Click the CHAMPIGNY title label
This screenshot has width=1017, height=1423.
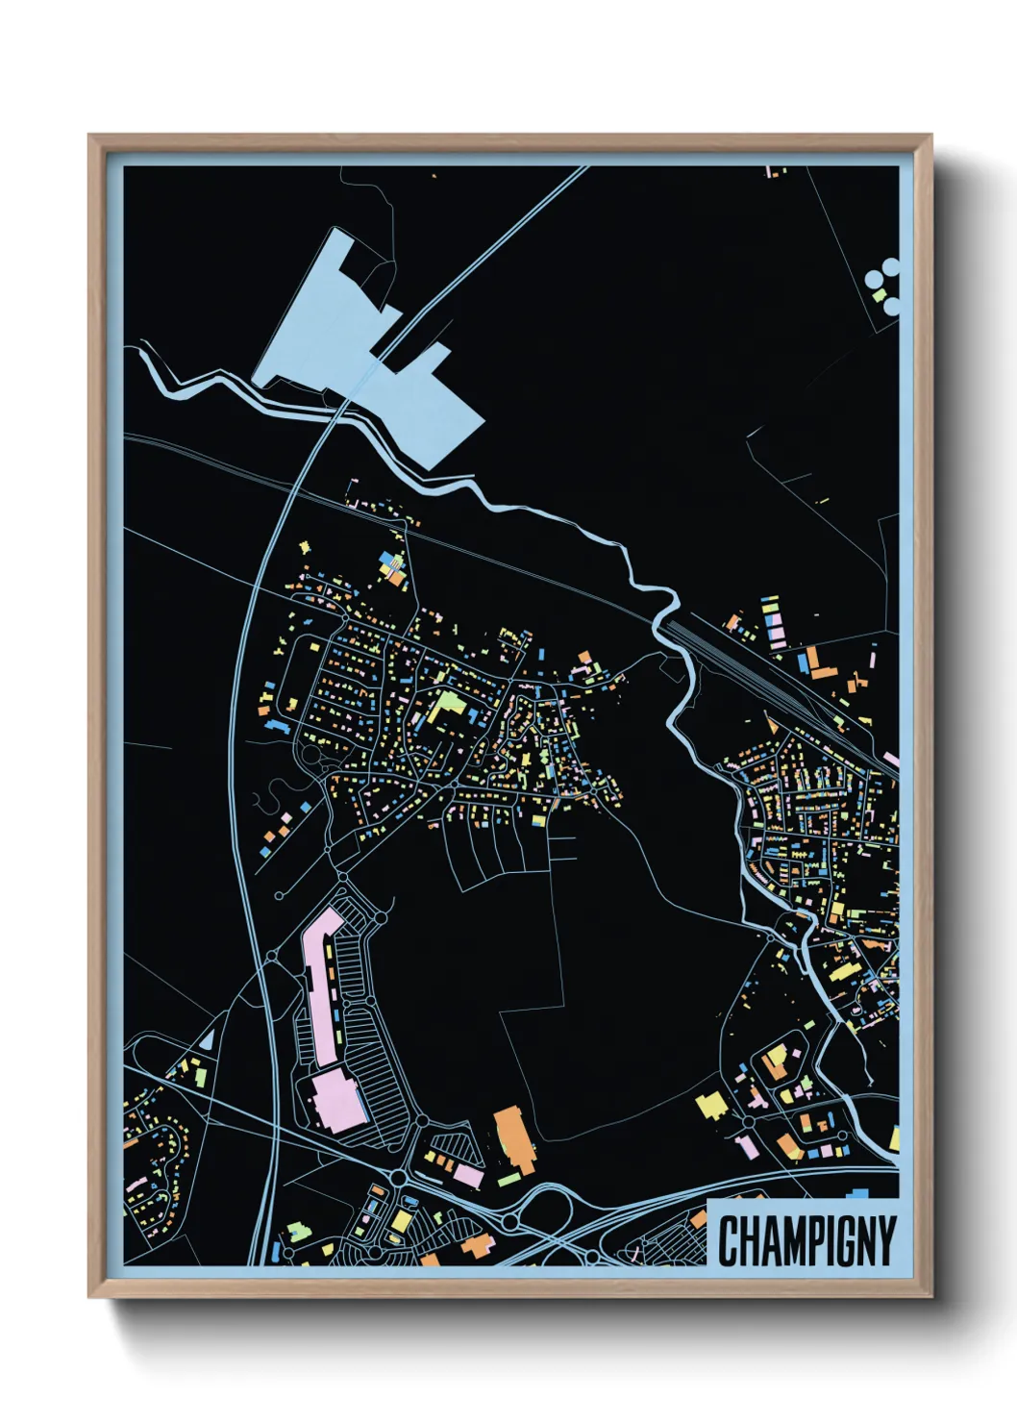806,1240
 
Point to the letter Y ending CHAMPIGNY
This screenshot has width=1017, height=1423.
884,1241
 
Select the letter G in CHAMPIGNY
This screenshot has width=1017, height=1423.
841,1241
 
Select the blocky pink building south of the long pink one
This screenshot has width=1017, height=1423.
337,1101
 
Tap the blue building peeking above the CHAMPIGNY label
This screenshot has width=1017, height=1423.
857,1194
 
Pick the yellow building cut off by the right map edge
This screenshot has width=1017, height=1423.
894,1138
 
